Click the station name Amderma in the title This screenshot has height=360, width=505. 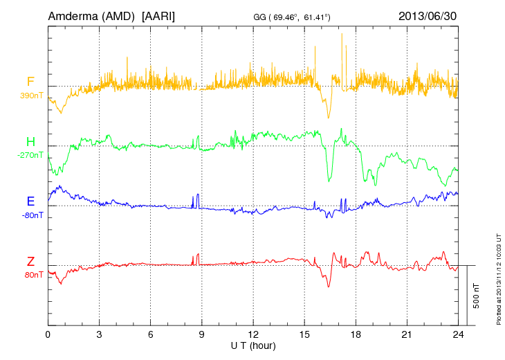click(x=73, y=15)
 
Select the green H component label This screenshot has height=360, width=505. click(x=30, y=142)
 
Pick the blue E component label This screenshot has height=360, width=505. click(x=30, y=201)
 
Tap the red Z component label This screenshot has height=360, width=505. click(x=30, y=261)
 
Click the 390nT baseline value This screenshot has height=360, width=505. click(x=32, y=96)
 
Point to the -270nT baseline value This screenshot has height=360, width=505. click(x=30, y=155)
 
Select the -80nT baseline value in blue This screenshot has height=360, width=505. click(x=32, y=215)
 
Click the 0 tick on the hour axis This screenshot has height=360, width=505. click(x=48, y=334)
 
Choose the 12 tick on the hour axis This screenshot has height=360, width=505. click(x=253, y=334)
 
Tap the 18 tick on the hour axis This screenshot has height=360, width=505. click(x=356, y=334)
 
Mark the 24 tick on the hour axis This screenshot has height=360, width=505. click(x=459, y=334)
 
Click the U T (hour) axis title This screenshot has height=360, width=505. click(x=253, y=345)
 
